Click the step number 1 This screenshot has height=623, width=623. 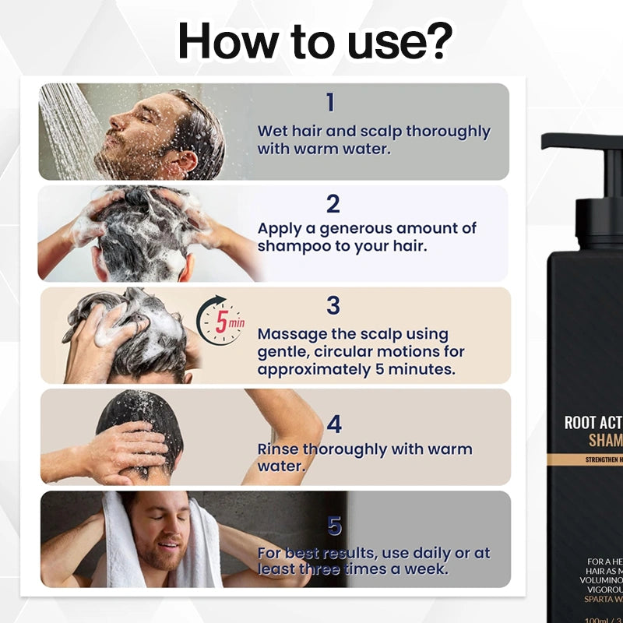point(330,103)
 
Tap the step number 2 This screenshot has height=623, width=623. point(333,204)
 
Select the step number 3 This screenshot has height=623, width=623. point(333,306)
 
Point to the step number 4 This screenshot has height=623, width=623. point(334,424)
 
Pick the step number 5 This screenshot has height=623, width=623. point(334,527)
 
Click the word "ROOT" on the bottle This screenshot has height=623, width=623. point(580,423)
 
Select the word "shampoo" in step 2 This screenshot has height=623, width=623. point(291,246)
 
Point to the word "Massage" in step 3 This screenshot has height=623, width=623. point(291,334)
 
